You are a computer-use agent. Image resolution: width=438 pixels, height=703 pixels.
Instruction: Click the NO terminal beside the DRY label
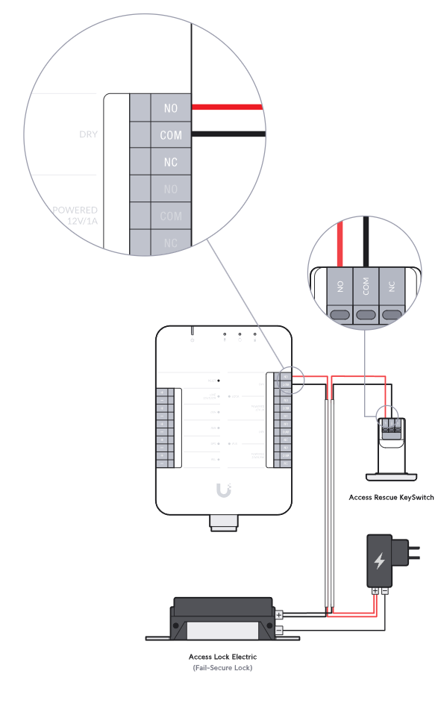pyautogui.click(x=171, y=109)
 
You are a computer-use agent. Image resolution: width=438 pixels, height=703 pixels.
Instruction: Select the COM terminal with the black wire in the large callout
pyautogui.click(x=171, y=136)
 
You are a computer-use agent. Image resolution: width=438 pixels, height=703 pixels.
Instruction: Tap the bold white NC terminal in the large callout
pyautogui.click(x=171, y=162)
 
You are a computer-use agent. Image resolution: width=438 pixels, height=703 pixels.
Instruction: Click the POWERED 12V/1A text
pyautogui.click(x=75, y=216)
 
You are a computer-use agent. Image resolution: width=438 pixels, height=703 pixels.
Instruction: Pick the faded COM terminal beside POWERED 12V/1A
pyautogui.click(x=171, y=216)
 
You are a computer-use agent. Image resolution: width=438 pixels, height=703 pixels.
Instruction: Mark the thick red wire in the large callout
pyautogui.click(x=228, y=107)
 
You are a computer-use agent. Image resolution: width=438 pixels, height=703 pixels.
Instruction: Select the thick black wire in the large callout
pyautogui.click(x=228, y=134)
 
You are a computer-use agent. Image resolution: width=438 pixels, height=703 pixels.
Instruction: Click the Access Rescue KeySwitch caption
pyautogui.click(x=391, y=497)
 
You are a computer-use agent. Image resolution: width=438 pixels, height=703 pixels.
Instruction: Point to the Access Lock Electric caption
pyautogui.click(x=222, y=657)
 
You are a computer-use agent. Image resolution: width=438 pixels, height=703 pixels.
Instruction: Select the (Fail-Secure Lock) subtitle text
pyautogui.click(x=222, y=668)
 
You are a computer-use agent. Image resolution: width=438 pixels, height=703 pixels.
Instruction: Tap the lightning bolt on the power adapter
pyautogui.click(x=380, y=560)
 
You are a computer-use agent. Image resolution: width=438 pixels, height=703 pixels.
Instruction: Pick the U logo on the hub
pyautogui.click(x=222, y=490)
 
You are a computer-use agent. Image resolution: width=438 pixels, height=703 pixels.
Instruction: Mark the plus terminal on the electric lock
pyautogui.click(x=279, y=615)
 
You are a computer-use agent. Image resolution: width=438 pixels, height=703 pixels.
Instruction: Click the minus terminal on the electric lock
pyautogui.click(x=279, y=631)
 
